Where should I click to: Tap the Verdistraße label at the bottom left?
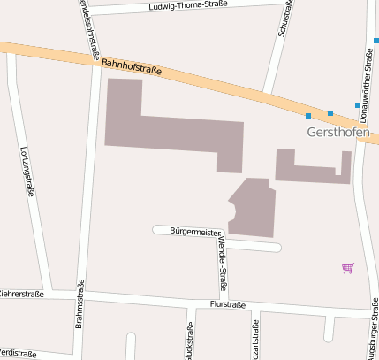pos(18,354)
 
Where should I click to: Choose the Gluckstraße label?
pos(190,341)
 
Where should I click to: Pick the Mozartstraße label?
pos(257,341)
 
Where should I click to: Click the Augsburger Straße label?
pos(374,327)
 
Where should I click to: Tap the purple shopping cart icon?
pos(347,267)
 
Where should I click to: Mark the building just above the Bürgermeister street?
pos(254,208)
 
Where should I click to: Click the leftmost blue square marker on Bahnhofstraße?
pos(308,116)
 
